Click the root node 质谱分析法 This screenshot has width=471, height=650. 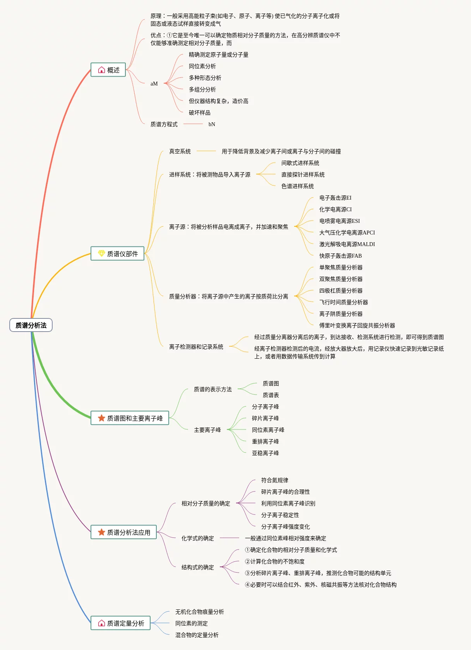tap(31, 325)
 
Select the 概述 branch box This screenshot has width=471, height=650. tap(108, 70)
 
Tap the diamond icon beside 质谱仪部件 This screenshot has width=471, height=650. tap(101, 253)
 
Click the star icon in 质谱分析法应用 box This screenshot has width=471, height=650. tap(101, 532)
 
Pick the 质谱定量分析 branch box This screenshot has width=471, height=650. tap(121, 623)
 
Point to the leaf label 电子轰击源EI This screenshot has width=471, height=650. tap(335, 198)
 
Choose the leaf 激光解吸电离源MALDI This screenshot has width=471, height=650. tap(347, 244)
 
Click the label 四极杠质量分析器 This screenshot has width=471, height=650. tap(341, 291)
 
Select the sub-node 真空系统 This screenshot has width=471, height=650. tap(180, 151)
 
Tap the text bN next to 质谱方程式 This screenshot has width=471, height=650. tap(212, 124)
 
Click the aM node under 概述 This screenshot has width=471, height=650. tap(154, 84)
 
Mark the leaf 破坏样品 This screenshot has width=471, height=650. tap(200, 113)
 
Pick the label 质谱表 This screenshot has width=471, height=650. tap(271, 395)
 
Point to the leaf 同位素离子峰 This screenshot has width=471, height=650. tap(268, 430)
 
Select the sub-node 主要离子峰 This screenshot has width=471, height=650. tap(207, 430)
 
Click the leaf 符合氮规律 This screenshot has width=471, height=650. tap(274, 480)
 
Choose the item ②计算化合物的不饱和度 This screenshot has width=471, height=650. tap(274, 561)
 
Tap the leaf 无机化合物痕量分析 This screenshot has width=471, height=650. tap(199, 612)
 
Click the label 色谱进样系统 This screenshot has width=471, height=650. tap(297, 186)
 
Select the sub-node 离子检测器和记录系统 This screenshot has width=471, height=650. tap(196, 347)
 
